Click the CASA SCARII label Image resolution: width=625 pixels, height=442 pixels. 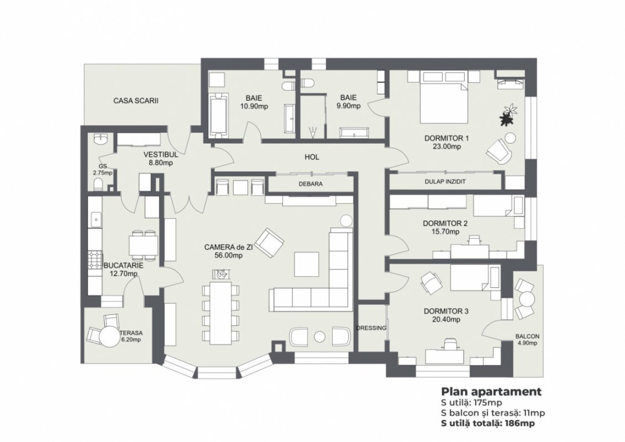(x=136, y=100)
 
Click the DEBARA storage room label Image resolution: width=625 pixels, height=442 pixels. (x=311, y=184)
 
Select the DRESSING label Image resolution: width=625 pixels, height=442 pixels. (x=371, y=328)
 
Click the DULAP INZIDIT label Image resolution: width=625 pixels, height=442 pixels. (x=444, y=182)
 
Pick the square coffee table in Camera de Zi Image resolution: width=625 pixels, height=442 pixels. (x=306, y=264)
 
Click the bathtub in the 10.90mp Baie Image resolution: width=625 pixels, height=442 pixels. (x=218, y=115)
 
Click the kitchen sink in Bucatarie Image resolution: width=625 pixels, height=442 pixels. (x=95, y=218)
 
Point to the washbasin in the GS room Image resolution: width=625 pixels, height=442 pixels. (x=99, y=141)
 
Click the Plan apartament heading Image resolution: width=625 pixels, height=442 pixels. (x=491, y=392)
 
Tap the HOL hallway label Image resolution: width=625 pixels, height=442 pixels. (x=312, y=157)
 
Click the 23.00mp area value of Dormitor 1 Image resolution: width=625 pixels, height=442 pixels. (x=446, y=147)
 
